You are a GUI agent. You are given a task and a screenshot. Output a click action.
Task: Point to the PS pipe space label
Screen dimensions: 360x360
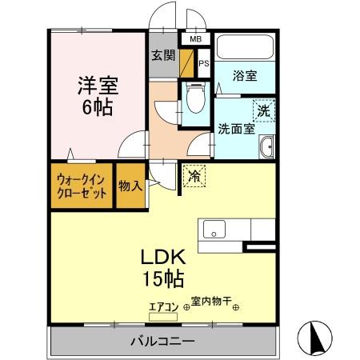tap(203, 62)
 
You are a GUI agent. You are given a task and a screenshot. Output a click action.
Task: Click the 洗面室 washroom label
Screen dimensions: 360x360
tap(236, 129)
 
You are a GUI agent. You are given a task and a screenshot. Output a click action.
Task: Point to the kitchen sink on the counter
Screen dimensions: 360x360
tap(214, 230)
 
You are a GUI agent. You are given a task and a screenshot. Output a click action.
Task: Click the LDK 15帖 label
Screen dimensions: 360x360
tap(164, 267)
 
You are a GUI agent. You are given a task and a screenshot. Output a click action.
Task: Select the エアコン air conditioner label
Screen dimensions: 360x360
tap(166, 305)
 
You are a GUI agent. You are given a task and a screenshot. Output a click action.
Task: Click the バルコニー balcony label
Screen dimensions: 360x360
tap(163, 341)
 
